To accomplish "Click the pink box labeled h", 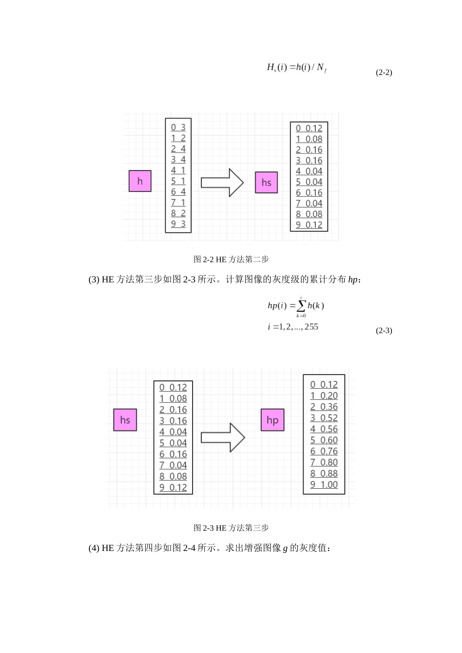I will point(140,181).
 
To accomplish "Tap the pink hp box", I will point(272,420).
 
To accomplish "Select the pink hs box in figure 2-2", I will point(267,183).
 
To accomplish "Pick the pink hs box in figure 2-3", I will point(125,420).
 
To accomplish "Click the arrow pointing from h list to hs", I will point(222,183).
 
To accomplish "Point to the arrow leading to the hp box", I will point(223,437).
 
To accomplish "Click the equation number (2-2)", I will point(384,72).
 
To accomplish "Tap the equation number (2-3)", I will point(384,330).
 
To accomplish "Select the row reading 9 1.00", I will point(324,484).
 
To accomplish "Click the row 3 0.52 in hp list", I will point(324,418).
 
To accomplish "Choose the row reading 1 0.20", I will point(324,395).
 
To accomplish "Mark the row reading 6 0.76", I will point(324,451).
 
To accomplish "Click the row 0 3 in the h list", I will point(178,127).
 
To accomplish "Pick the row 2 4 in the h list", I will point(178,149).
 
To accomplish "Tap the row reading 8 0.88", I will point(324,473).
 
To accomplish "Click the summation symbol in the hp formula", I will point(301,306).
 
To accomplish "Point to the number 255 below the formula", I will point(311,327).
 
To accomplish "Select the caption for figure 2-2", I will point(231,259).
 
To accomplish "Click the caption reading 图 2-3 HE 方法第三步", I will point(231,528).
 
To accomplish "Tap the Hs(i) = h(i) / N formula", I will point(297,68).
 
